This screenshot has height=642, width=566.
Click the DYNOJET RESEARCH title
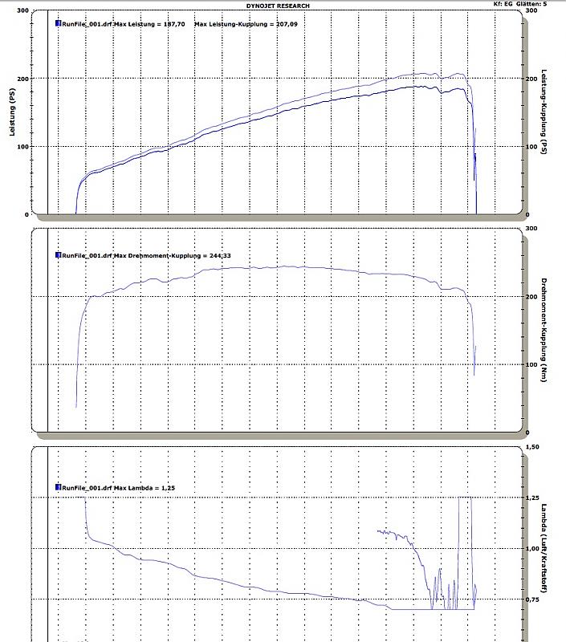[x=278, y=6]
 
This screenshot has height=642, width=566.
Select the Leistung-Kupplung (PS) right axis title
[x=544, y=112]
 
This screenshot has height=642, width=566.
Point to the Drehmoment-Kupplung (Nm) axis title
[x=544, y=330]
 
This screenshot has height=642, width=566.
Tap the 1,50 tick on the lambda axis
[x=531, y=447]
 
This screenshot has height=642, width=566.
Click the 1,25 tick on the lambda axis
[x=531, y=498]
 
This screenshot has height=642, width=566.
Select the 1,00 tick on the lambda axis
[x=531, y=549]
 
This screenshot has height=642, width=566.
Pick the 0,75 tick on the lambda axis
[x=531, y=599]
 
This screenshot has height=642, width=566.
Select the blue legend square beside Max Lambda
[x=58, y=487]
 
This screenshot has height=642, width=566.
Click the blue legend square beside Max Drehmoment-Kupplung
[x=58, y=255]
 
